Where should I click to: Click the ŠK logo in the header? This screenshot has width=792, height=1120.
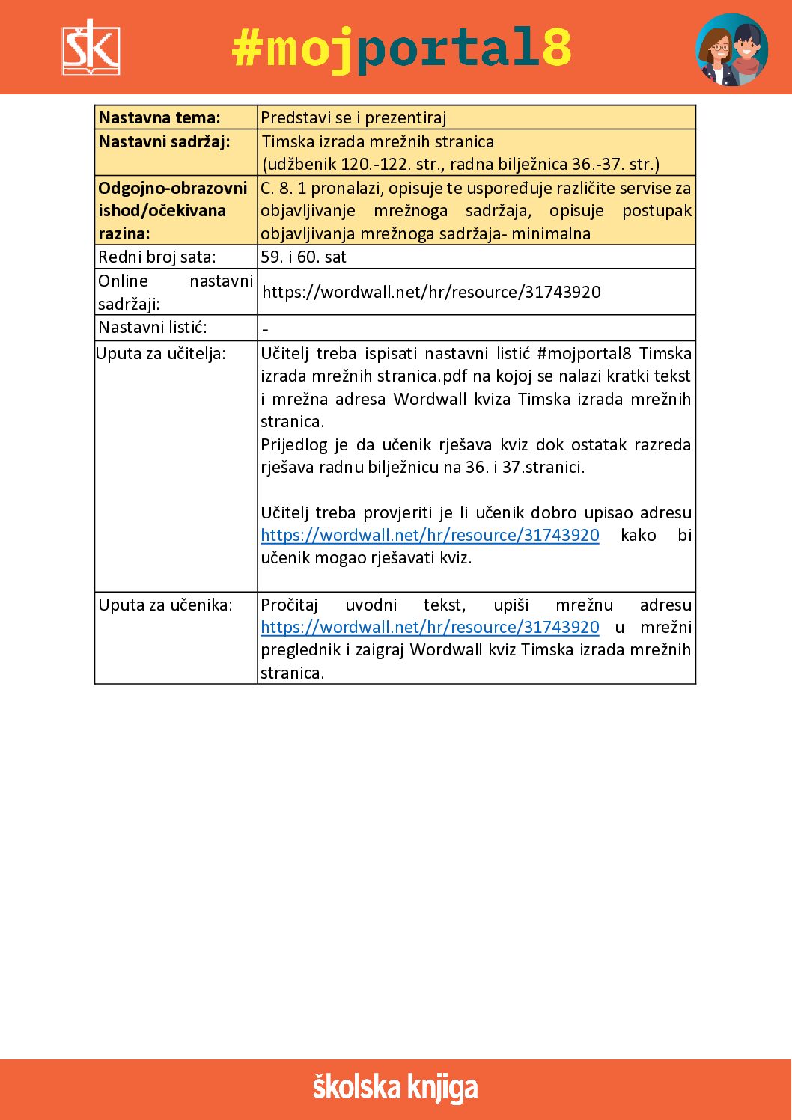pyautogui.click(x=91, y=48)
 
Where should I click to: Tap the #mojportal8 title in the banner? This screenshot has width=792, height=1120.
pyautogui.click(x=401, y=48)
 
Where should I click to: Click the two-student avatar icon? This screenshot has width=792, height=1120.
pyautogui.click(x=731, y=49)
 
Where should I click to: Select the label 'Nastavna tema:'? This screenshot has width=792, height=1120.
pyautogui.click(x=159, y=117)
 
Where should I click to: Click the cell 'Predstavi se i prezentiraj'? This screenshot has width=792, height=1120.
pyautogui.click(x=353, y=117)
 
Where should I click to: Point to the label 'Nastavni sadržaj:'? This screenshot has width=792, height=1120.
pyautogui.click(x=164, y=141)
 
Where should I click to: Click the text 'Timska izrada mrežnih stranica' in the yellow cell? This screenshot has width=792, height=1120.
pyautogui.click(x=378, y=141)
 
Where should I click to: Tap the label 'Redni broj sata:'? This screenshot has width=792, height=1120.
pyautogui.click(x=157, y=257)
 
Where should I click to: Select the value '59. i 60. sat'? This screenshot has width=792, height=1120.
pyautogui.click(x=303, y=257)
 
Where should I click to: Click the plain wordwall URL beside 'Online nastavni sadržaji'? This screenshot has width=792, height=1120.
pyautogui.click(x=431, y=292)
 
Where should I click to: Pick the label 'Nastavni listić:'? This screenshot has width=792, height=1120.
pyautogui.click(x=153, y=327)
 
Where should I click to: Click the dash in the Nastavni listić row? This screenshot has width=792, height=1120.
pyautogui.click(x=265, y=328)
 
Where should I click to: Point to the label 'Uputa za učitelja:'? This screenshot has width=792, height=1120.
pyautogui.click(x=161, y=353)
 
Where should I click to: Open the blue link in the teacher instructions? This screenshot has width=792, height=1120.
pyautogui.click(x=430, y=535)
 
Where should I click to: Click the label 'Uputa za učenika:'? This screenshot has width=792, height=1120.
pyautogui.click(x=165, y=605)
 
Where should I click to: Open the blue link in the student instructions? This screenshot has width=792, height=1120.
pyautogui.click(x=430, y=627)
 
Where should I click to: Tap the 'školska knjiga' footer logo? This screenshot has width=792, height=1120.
pyautogui.click(x=395, y=1088)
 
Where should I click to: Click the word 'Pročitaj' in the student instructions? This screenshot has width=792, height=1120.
pyautogui.click(x=289, y=605)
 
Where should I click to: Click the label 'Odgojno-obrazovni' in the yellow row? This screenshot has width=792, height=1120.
pyautogui.click(x=172, y=188)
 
